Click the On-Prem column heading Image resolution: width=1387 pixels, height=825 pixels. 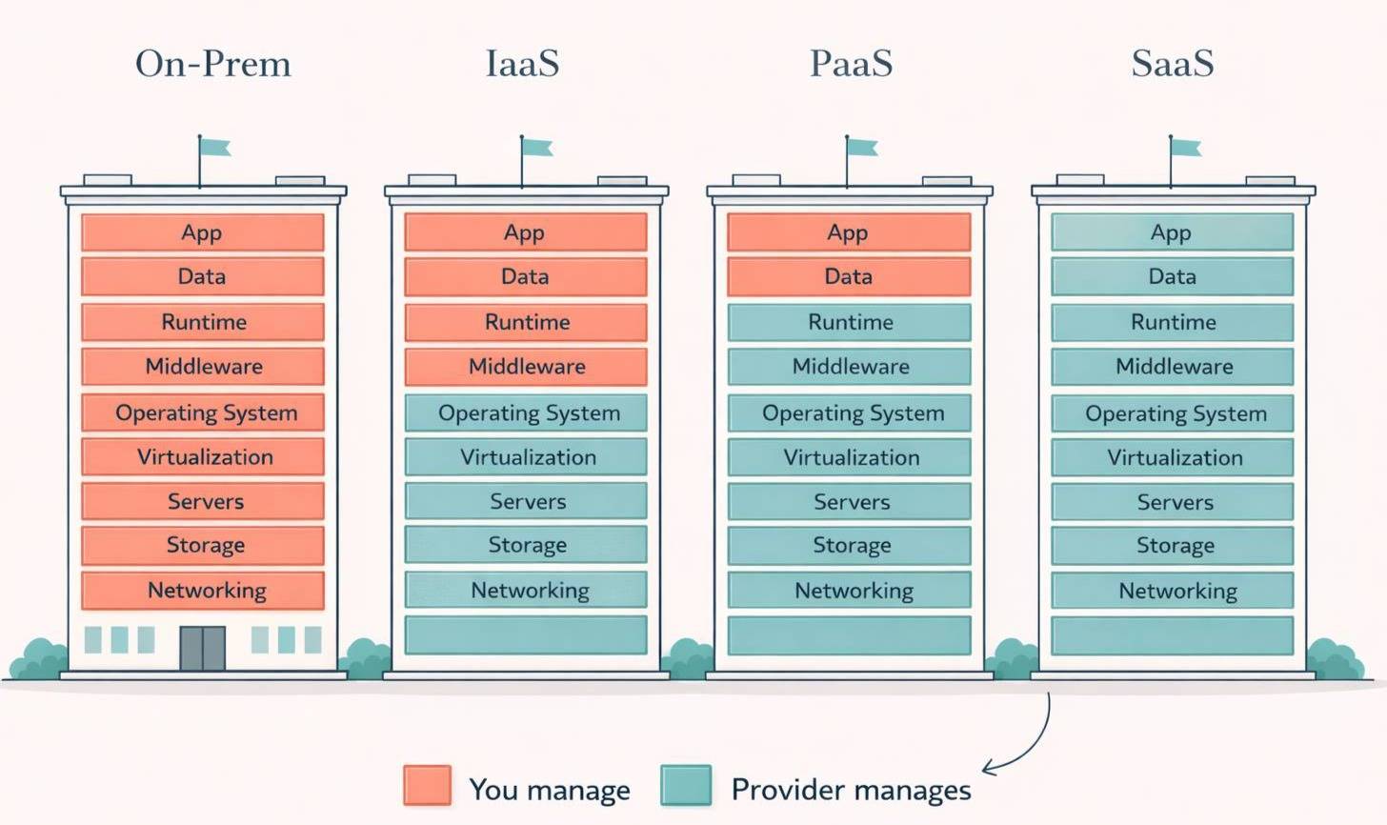click(x=213, y=64)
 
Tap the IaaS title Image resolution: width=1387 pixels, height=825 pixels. click(x=522, y=64)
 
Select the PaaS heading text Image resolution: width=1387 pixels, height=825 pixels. click(x=851, y=64)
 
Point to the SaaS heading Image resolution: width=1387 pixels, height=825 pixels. click(x=1173, y=64)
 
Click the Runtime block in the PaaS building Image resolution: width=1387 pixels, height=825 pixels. click(x=849, y=322)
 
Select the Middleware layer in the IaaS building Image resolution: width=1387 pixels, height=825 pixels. click(x=526, y=367)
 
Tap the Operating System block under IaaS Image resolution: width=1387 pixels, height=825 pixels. click(x=526, y=412)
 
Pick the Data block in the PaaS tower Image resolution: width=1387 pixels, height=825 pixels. click(x=849, y=277)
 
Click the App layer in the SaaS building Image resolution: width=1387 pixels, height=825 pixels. click(x=1172, y=232)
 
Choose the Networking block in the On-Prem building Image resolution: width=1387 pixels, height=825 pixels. click(x=203, y=591)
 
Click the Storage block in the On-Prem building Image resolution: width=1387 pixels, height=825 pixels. click(x=203, y=545)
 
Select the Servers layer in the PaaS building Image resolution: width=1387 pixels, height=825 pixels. click(x=849, y=502)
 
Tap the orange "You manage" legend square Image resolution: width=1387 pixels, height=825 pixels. click(x=427, y=786)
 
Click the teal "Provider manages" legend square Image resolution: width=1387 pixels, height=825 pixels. click(x=686, y=786)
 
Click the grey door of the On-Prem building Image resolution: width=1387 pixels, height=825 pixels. click(x=203, y=649)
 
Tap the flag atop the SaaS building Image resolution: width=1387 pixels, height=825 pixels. click(x=1185, y=148)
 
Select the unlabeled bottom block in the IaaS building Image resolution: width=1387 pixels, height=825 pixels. click(x=526, y=634)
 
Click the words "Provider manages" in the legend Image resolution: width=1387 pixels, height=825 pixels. click(x=851, y=790)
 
